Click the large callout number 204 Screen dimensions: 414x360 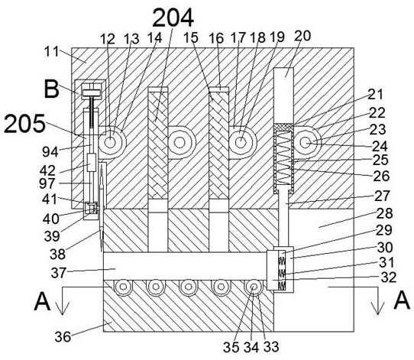pos(173,18)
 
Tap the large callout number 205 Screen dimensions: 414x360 pos(24,124)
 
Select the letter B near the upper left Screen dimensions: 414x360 pos(51,89)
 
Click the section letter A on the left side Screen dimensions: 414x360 pos(42,301)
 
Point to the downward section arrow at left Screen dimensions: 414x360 pos(62,300)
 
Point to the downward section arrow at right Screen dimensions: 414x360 pos(378,300)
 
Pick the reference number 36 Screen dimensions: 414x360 pos(63,337)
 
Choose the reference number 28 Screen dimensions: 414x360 pos(384,213)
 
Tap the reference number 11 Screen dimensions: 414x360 pos(51,51)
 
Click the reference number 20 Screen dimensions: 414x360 pos(302,36)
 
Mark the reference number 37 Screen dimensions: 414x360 pos(58,273)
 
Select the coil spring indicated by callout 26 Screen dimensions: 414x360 pos(283,158)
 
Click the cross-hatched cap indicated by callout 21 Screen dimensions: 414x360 pos(283,128)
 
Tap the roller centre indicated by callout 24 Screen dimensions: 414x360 pos(306,143)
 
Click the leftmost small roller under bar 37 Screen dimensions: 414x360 pos(123,287)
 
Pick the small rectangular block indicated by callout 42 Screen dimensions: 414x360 pos(92,163)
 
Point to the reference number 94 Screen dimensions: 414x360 pos(50,151)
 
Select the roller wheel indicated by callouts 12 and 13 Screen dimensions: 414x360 pos(111,143)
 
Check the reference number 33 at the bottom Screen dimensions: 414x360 pos(270,346)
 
